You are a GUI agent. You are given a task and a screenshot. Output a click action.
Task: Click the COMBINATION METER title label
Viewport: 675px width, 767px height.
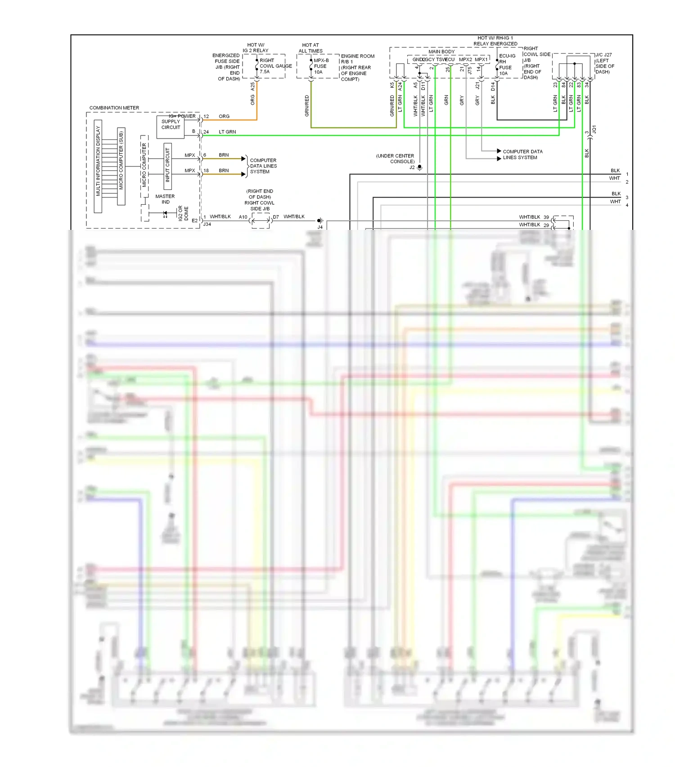(114, 108)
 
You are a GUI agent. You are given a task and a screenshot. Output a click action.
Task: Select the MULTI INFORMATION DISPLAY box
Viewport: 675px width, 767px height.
(98, 166)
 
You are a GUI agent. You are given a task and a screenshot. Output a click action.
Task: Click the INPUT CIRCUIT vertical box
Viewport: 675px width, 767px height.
(167, 166)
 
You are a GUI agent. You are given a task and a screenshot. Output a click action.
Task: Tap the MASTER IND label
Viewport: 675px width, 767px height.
(165, 199)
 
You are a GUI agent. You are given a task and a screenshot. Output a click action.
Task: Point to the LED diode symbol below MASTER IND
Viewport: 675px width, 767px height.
(165, 214)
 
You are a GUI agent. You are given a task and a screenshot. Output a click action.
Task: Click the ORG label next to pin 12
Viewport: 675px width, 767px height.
(224, 117)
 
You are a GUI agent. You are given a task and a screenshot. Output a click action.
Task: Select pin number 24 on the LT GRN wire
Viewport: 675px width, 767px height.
(206, 132)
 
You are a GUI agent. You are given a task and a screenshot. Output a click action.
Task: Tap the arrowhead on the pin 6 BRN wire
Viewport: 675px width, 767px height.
(243, 159)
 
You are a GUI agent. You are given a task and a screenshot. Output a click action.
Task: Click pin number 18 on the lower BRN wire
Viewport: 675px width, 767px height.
(206, 171)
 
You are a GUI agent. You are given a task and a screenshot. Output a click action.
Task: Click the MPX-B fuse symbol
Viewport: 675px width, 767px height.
(311, 66)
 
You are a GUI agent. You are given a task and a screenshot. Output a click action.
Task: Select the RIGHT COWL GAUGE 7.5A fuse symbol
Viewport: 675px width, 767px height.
(257, 66)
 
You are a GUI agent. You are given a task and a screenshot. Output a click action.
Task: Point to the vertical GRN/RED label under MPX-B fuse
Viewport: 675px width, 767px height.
(307, 106)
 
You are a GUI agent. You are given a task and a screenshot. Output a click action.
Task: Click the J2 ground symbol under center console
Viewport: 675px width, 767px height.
(419, 168)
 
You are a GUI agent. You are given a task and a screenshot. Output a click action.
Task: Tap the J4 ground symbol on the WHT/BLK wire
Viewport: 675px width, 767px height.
(320, 221)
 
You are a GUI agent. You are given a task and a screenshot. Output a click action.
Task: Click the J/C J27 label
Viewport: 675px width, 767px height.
(603, 55)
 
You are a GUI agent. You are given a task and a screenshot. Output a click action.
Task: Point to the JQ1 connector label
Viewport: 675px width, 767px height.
(594, 130)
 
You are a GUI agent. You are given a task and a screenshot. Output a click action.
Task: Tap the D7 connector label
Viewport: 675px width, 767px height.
(276, 217)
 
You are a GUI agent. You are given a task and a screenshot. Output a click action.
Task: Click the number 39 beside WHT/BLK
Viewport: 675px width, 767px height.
(546, 217)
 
